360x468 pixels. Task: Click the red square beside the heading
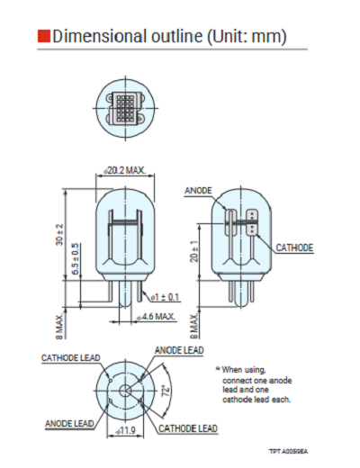click(44, 36)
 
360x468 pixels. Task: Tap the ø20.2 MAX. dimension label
click(125, 170)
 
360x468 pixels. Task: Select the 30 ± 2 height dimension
click(59, 234)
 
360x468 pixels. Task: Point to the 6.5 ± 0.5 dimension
click(76, 259)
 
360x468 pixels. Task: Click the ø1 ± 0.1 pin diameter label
click(165, 297)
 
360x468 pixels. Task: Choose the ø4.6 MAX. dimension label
click(156, 317)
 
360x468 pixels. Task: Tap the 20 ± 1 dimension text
click(194, 251)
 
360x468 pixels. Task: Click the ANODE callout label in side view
click(198, 191)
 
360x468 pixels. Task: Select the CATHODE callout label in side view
click(294, 247)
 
